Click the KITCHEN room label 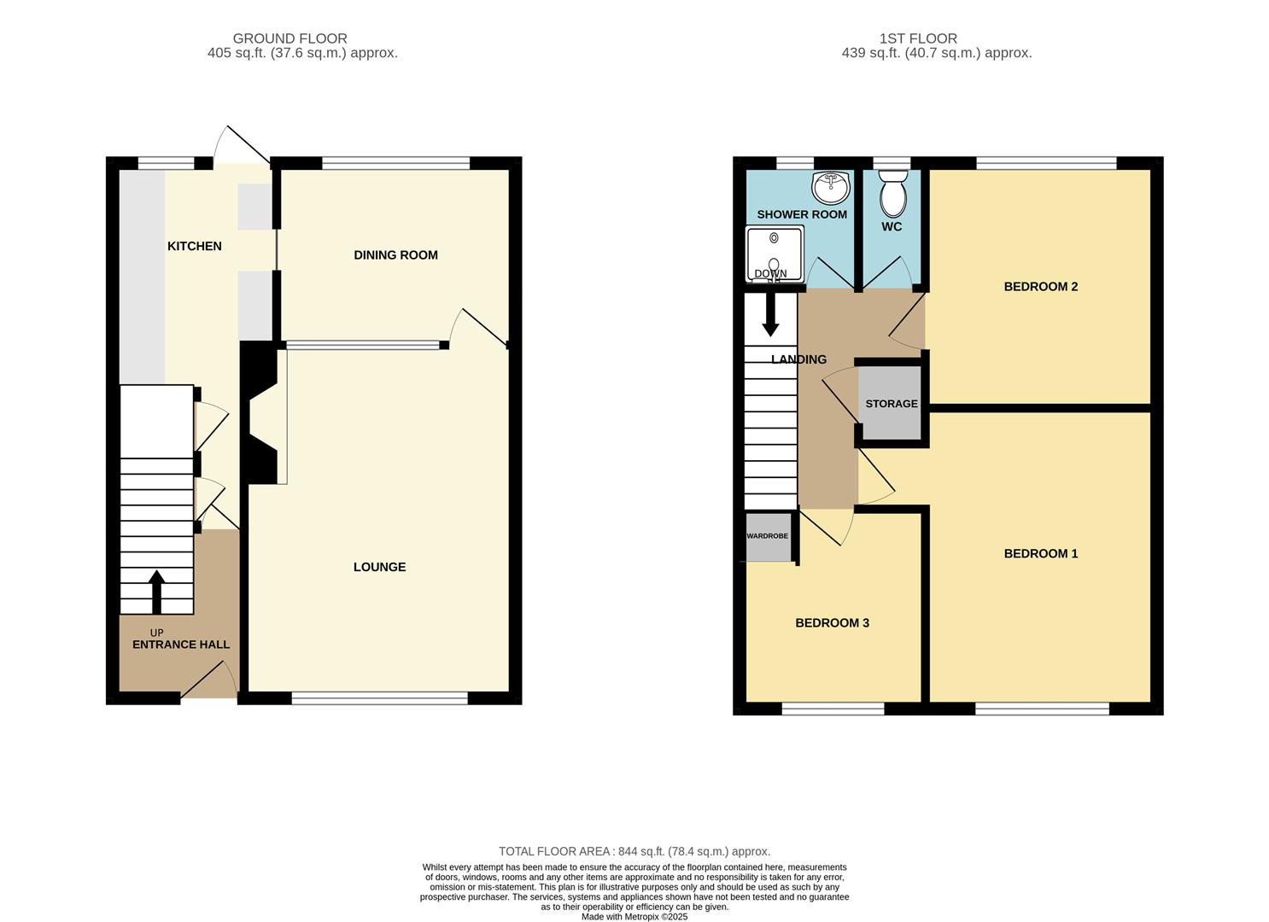(194, 246)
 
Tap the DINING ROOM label (395, 254)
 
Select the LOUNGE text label (379, 567)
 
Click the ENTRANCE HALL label (180, 645)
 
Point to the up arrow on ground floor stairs (156, 592)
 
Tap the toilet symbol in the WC (892, 193)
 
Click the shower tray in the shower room (775, 254)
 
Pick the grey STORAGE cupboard (892, 403)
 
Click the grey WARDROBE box (768, 537)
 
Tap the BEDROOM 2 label (1040, 286)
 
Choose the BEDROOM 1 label (1040, 553)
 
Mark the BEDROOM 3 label (832, 622)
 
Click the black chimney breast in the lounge (258, 414)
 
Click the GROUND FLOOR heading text (289, 38)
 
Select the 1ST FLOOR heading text (918, 38)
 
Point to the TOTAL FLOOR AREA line (634, 851)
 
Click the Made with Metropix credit (634, 917)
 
